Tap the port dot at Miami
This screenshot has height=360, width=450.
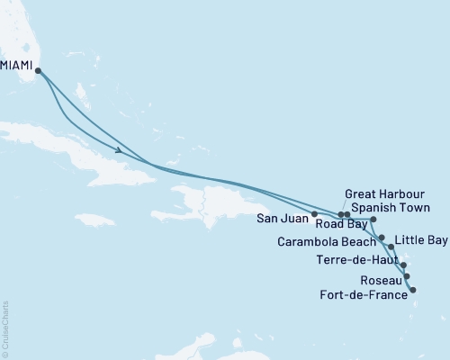coord(38,70)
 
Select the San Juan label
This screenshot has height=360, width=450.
coord(282,216)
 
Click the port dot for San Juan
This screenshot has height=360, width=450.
coord(313,214)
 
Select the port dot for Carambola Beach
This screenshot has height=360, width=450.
coord(382,238)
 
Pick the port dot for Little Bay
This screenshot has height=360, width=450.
coord(391,247)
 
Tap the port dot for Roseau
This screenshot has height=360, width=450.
coord(408,276)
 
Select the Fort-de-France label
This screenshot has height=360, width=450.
coord(364,292)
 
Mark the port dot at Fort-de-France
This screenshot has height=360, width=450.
coord(412,289)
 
